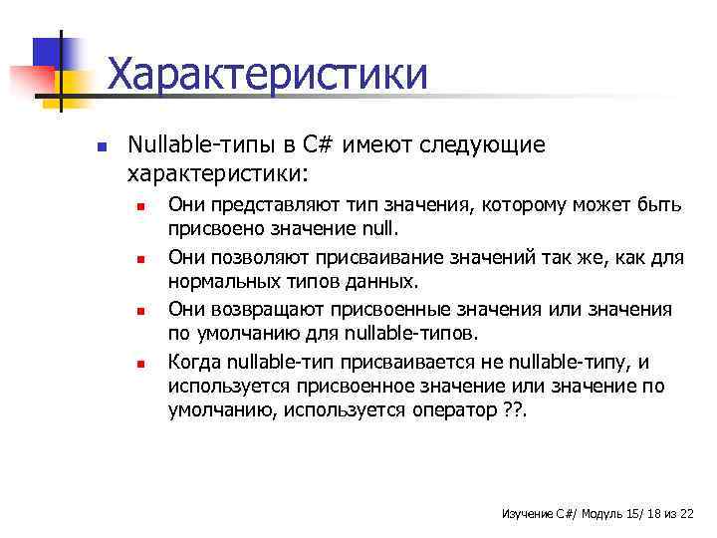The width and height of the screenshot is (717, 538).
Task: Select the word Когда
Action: [x=194, y=362]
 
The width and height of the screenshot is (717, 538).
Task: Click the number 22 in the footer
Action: [x=685, y=512]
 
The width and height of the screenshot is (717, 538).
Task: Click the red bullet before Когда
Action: [x=141, y=363]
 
